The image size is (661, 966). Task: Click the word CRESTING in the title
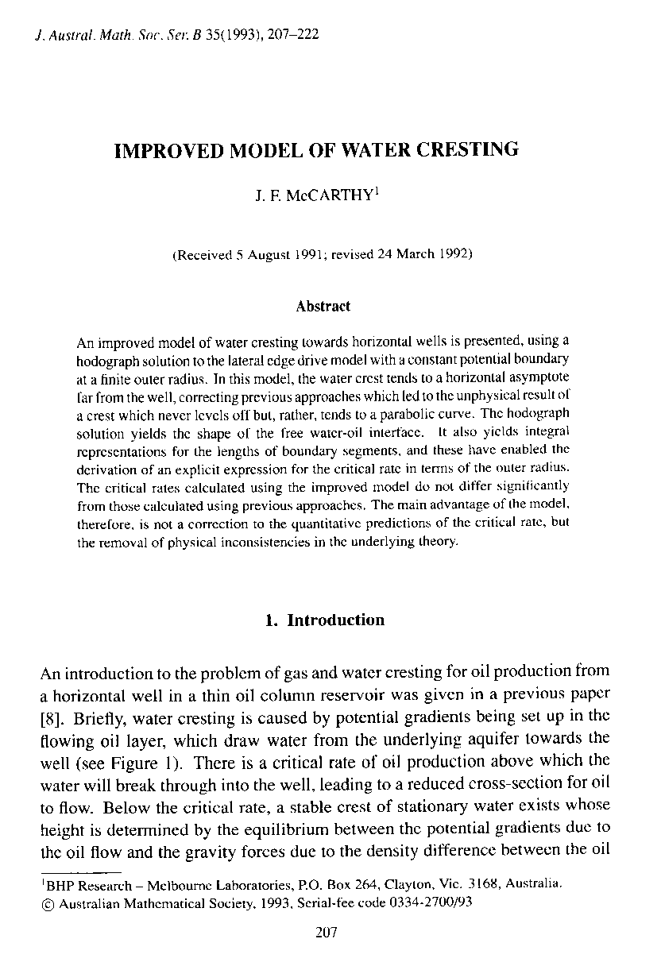tap(463, 150)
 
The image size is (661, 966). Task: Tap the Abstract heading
tap(323, 306)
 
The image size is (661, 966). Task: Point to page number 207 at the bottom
tap(327, 933)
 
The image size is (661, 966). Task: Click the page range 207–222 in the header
tap(293, 36)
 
